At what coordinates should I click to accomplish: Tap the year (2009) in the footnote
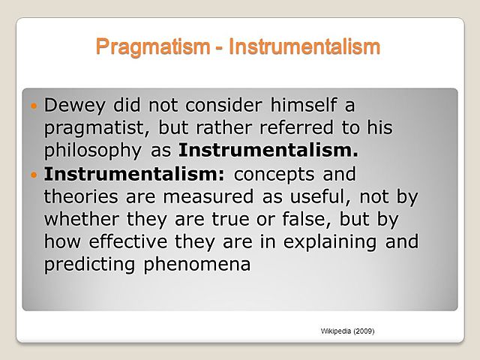point(363,331)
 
